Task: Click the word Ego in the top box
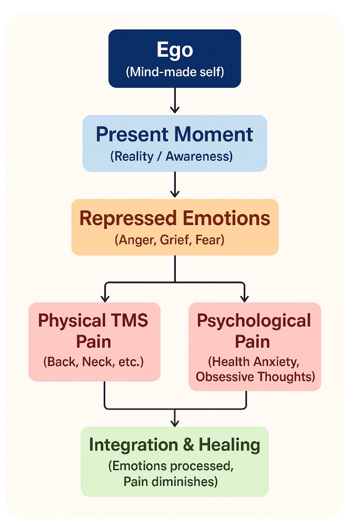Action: tap(175, 50)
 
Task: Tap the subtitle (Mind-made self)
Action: tap(175, 72)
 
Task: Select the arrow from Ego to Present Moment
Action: tap(175, 100)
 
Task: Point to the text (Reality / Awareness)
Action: tap(175, 156)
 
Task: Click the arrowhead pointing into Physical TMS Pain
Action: tap(105, 298)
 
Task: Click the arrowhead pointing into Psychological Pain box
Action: tap(245, 298)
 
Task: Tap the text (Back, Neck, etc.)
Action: tap(94, 362)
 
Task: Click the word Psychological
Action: tap(254, 320)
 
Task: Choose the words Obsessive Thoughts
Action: tap(255, 376)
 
